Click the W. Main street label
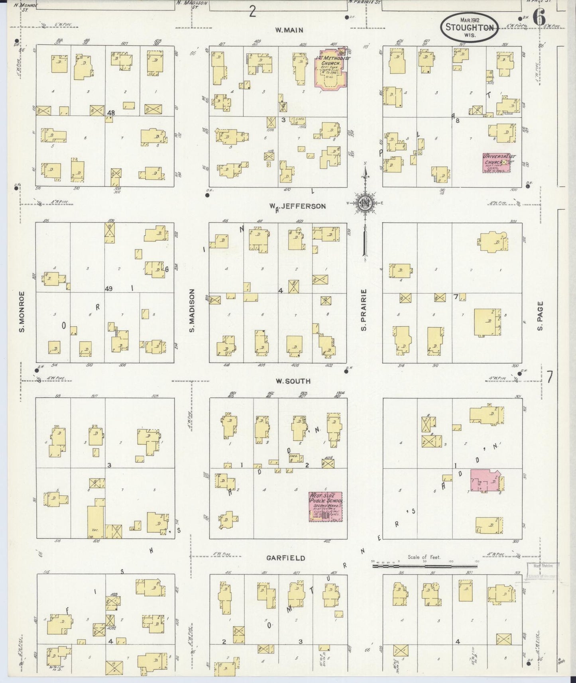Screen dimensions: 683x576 [x=289, y=30]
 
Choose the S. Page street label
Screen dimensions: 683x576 [x=540, y=316]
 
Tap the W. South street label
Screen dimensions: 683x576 [x=293, y=381]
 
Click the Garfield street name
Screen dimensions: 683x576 [x=286, y=558]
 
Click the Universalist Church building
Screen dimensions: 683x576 [x=496, y=163]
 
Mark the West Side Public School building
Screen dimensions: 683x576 [x=325, y=506]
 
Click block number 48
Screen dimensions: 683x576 [x=111, y=113]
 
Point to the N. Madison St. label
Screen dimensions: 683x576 [x=193, y=4]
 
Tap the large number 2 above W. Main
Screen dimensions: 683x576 [x=252, y=12]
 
